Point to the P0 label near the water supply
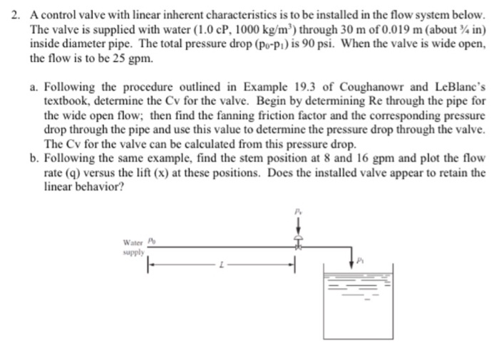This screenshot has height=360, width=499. pyautogui.click(x=150, y=240)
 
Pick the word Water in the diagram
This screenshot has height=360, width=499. pyautogui.click(x=132, y=241)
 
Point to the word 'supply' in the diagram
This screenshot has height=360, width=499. pyautogui.click(x=133, y=252)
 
